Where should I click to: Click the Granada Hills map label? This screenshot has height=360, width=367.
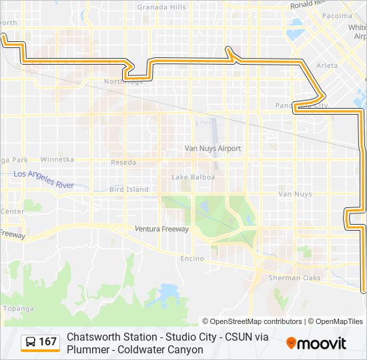point(161,7)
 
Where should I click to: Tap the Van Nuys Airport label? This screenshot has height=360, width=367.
point(213,149)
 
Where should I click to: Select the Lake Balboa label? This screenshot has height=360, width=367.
point(194,177)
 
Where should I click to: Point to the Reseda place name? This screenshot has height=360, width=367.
point(123,163)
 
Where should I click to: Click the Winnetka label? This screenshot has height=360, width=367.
point(57,160)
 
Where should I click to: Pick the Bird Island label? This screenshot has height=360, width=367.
point(129,189)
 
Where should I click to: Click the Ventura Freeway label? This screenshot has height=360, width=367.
point(161,229)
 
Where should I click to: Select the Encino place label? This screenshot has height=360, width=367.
point(192,258)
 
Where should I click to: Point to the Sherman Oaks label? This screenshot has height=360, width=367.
point(294,278)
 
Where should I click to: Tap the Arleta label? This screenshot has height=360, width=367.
point(327,66)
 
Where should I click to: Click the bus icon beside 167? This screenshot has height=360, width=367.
point(31,342)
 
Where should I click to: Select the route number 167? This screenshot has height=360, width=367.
point(48,342)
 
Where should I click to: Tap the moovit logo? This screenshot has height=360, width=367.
point(316,343)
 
